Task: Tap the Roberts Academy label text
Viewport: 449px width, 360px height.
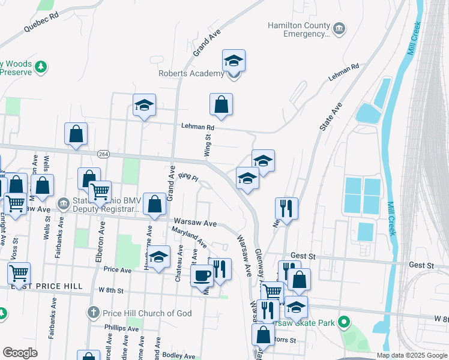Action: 191,74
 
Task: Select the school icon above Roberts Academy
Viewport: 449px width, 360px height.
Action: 234,61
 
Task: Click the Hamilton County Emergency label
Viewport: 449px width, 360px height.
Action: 299,30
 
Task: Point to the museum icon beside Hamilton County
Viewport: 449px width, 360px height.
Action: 339,28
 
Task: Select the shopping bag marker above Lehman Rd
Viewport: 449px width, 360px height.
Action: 221,104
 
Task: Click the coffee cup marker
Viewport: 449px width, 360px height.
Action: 202,275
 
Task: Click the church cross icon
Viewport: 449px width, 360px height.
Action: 92,313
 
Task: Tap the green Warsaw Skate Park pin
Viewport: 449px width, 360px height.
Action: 343,323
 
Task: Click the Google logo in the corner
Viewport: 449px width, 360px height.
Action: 20,353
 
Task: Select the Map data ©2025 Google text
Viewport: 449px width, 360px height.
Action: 412,355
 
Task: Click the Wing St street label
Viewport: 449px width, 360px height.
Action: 208,145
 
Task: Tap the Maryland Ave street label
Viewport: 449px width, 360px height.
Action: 189,238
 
